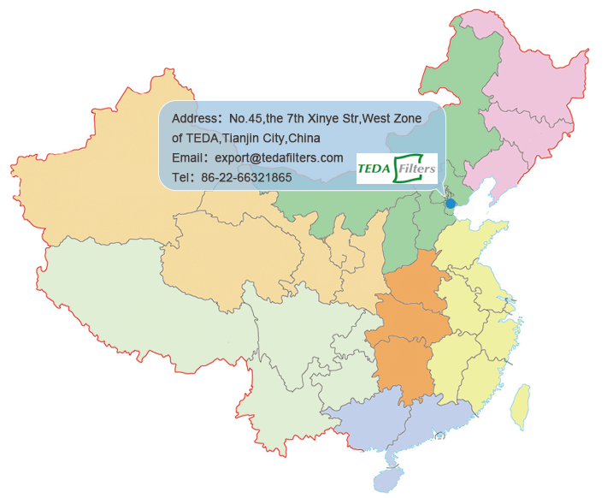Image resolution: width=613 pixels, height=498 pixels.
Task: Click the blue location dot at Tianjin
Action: click(451, 204)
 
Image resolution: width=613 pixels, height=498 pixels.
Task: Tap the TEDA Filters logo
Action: click(397, 168)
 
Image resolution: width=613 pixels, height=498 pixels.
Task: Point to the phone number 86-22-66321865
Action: click(246, 178)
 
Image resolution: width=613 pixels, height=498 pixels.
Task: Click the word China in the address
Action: click(304, 138)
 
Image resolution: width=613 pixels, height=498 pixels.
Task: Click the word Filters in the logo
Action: click(415, 168)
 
